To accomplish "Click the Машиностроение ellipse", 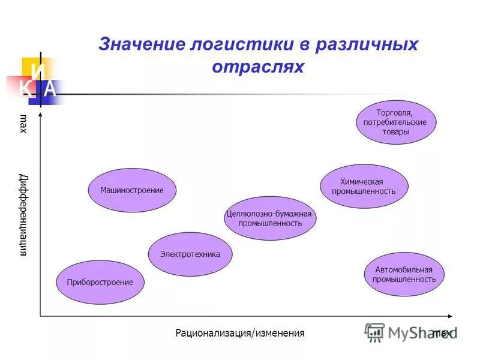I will click(x=131, y=190).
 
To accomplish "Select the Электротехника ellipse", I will click(x=190, y=254).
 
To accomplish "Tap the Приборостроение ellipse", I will click(x=100, y=282).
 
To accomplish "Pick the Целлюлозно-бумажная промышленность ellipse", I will click(x=269, y=218).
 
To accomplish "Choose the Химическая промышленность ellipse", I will click(x=364, y=187).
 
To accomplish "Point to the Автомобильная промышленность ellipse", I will click(x=404, y=274).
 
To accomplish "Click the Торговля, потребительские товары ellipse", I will click(x=395, y=122).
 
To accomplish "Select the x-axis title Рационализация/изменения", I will click(x=240, y=333).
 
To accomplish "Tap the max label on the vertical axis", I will click(x=23, y=123).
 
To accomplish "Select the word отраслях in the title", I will click(x=258, y=67).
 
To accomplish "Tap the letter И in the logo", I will click(x=38, y=71).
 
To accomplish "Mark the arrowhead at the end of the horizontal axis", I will click(x=454, y=316).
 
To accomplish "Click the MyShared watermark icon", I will click(x=375, y=332).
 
